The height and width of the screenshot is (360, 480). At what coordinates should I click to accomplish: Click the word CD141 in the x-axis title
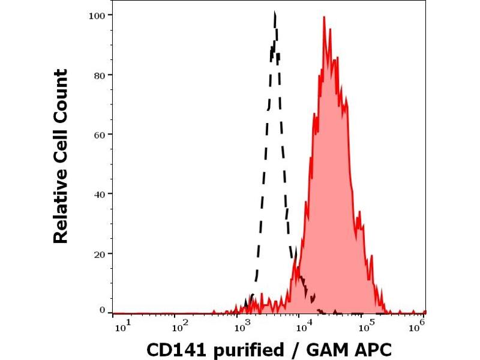click(x=172, y=350)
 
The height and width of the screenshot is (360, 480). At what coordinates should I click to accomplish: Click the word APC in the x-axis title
click(x=370, y=350)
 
